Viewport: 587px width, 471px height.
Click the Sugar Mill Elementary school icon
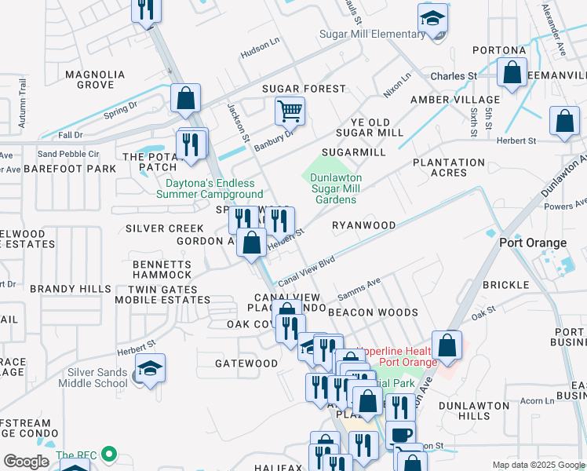coord(432,17)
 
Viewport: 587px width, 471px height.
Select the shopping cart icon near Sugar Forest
coord(290,111)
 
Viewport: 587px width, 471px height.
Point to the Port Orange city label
coord(533,243)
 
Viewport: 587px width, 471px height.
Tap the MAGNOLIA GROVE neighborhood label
coord(95,79)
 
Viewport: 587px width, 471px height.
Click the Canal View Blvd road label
coord(306,269)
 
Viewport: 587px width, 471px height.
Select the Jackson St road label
coord(237,123)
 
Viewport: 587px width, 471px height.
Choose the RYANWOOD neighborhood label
coord(363,225)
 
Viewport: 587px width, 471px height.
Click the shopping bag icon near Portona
coord(512,72)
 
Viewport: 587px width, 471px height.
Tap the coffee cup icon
coord(400,434)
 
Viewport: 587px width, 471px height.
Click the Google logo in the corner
coord(26,462)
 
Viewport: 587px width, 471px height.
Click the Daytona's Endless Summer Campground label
coord(213,189)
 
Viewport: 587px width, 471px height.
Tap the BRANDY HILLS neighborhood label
coord(71,289)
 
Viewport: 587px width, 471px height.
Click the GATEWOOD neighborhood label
coord(246,363)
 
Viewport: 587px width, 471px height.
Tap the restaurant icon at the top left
coord(146,9)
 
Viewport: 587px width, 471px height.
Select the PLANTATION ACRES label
coord(450,167)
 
